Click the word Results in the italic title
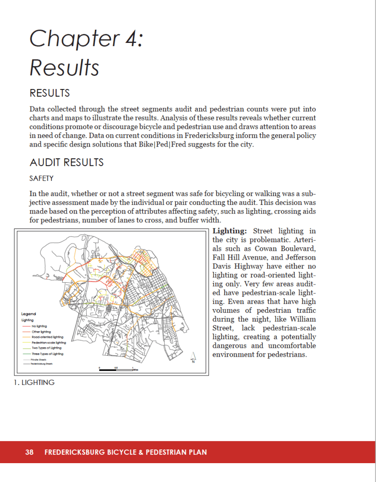[64, 68]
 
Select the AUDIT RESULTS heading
[67, 163]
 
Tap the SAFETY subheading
[42, 179]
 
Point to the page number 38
[29, 452]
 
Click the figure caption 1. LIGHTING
[34, 383]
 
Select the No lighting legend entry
[39, 326]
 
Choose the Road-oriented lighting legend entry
[47, 337]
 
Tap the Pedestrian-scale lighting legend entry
[49, 343]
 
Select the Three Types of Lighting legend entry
[48, 354]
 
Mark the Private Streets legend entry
[39, 359]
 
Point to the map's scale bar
[116, 370]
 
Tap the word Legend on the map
[29, 314]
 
